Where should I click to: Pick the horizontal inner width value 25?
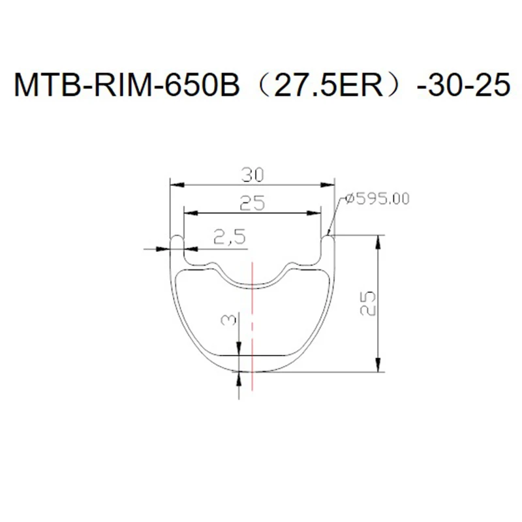click(251, 204)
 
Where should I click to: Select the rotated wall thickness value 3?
click(228, 320)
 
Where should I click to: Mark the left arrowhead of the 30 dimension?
click(173, 183)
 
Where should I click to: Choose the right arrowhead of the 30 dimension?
click(330, 183)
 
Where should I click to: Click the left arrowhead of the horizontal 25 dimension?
click(187, 211)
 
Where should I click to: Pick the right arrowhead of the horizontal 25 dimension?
click(316, 211)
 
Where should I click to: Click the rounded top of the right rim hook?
click(328, 238)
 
